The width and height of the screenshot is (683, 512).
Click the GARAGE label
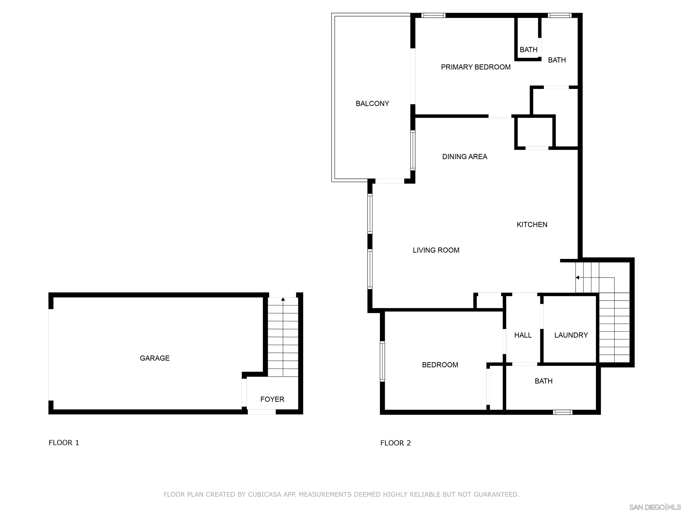[155, 358]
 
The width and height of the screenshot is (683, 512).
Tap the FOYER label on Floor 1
[272, 399]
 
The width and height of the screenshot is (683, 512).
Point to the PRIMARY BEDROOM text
[476, 67]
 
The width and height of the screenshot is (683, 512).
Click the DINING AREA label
[464, 156]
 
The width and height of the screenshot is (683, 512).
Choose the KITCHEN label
[532, 224]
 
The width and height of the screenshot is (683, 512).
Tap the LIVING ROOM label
[436, 250]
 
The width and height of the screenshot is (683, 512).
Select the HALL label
[523, 335]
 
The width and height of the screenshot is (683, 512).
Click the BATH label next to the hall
[543, 381]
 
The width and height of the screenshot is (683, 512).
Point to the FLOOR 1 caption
[64, 443]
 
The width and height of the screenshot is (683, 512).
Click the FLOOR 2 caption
[395, 443]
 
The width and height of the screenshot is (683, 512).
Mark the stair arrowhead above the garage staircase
[283, 299]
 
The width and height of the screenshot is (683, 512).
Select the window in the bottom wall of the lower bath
[562, 412]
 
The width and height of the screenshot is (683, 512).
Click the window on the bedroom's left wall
[382, 361]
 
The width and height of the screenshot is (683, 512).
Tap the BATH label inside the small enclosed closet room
[528, 49]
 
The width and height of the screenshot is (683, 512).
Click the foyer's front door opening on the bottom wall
[261, 412]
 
